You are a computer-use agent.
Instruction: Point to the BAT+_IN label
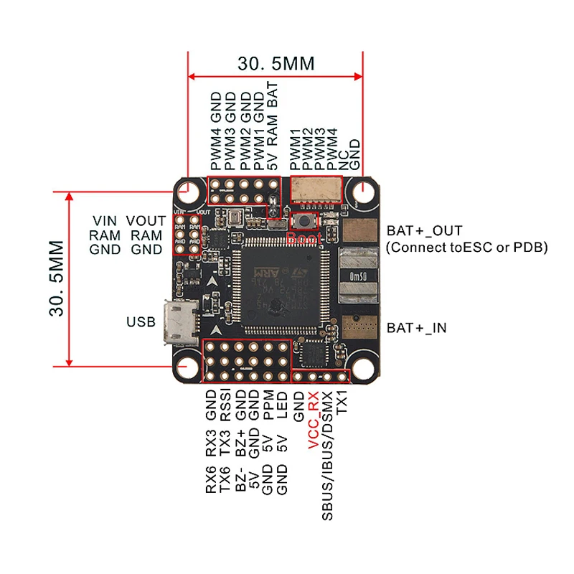click(417, 328)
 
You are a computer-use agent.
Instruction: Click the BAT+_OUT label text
click(425, 230)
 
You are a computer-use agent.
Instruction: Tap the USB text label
click(141, 321)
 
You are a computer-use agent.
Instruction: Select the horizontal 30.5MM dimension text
click(276, 63)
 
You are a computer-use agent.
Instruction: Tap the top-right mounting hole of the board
click(363, 192)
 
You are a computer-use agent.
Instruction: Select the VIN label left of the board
click(105, 220)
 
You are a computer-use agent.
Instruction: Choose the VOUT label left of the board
click(146, 220)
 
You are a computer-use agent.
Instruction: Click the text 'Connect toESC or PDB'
click(467, 248)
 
